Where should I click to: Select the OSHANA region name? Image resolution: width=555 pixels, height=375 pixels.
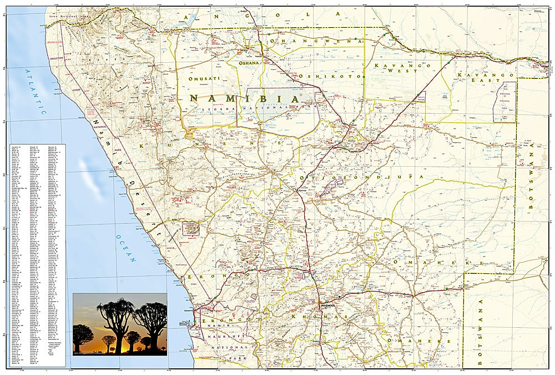[x=249, y=63]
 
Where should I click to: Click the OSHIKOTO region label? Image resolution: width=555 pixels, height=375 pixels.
[x=330, y=76]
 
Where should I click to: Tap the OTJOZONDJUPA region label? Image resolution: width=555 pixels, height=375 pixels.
[x=361, y=177]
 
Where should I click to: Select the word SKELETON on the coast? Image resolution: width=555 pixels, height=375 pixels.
[x=58, y=58]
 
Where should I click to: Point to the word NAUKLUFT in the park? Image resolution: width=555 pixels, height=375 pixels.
[x=222, y=337]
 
